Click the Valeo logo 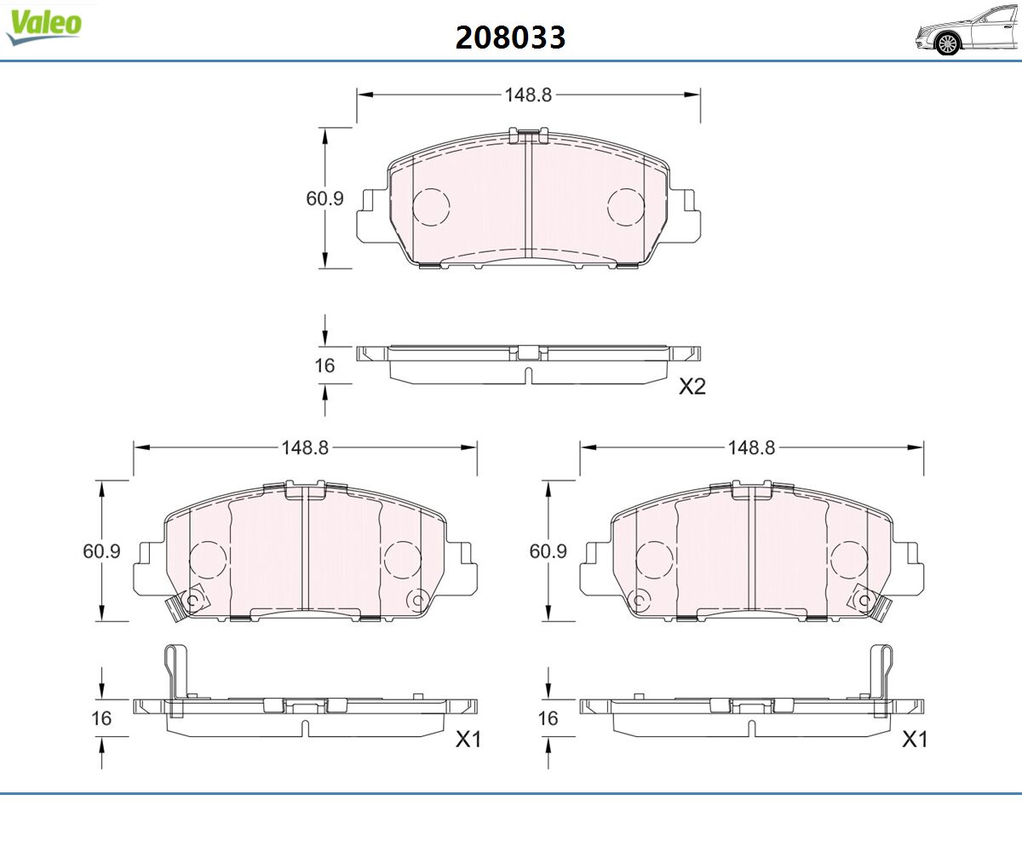(x=43, y=27)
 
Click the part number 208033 (x=510, y=37)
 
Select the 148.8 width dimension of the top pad (x=528, y=95)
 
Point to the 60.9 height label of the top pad (x=324, y=199)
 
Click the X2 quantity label (x=692, y=387)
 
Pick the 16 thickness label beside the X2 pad (x=324, y=366)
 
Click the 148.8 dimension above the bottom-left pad (x=305, y=447)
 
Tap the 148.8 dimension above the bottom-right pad (x=751, y=447)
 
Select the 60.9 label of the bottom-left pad (x=101, y=551)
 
